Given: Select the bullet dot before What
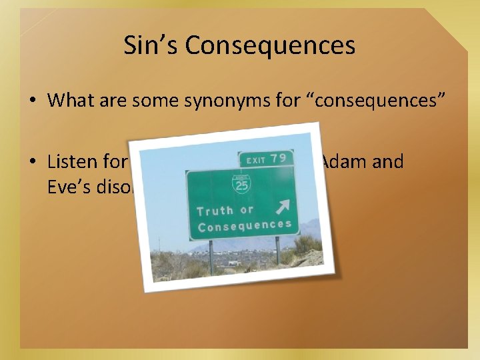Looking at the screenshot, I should pyautogui.click(x=32, y=101).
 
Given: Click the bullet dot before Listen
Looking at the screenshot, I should pyautogui.click(x=32, y=163).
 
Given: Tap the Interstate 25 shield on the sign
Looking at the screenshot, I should pyautogui.click(x=241, y=184).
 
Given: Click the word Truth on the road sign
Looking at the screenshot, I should pyautogui.click(x=215, y=211).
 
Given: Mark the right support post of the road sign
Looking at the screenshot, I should pyautogui.click(x=277, y=251).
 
